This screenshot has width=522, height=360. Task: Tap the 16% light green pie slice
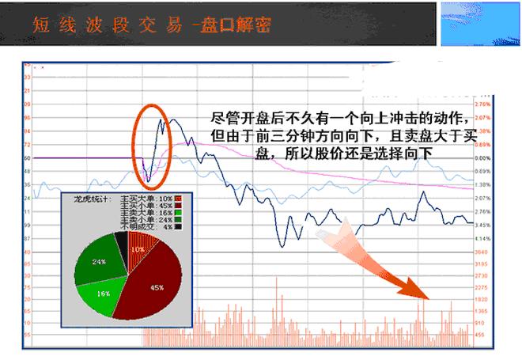click(x=104, y=292)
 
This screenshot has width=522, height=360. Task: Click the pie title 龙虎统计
click(x=92, y=192)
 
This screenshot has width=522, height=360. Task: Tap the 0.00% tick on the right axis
click(x=484, y=158)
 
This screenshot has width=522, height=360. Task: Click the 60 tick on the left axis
click(x=27, y=158)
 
